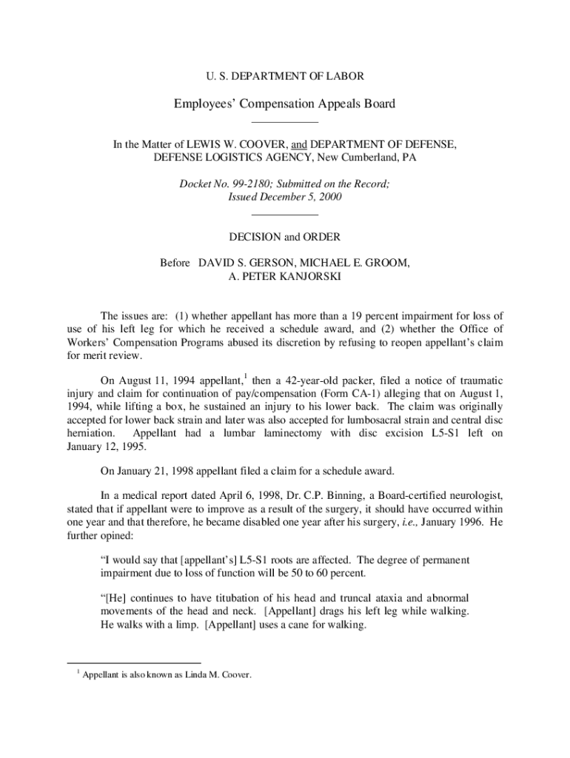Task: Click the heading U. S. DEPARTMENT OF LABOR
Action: pyautogui.click(x=284, y=76)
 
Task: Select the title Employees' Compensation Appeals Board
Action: pyautogui.click(x=284, y=104)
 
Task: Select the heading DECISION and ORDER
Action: pyautogui.click(x=284, y=237)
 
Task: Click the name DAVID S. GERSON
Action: pyautogui.click(x=241, y=263)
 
